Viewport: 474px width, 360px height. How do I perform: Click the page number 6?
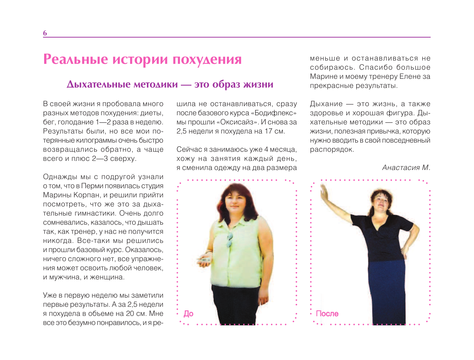tap(45, 33)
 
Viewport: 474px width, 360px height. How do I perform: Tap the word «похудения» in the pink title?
tap(207, 59)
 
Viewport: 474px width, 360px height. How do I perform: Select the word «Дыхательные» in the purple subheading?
tap(98, 85)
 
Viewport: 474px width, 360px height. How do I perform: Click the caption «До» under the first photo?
tap(189, 314)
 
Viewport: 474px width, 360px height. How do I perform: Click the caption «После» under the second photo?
tap(327, 314)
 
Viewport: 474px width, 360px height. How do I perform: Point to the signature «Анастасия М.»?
tap(406, 168)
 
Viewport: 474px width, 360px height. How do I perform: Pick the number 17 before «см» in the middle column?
tap(269, 131)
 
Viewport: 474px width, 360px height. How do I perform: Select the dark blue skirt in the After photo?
tap(386, 288)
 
